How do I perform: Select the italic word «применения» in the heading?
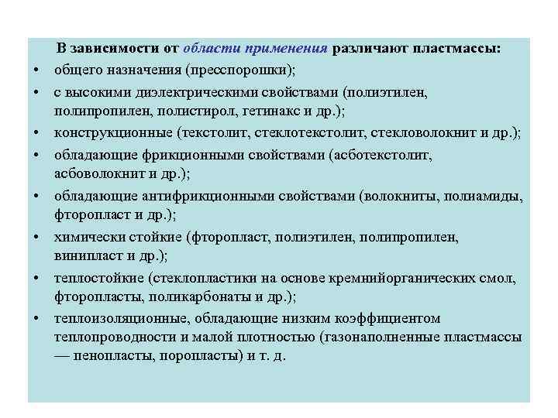(x=286, y=50)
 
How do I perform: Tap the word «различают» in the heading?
(x=370, y=50)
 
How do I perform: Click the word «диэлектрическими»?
(x=174, y=91)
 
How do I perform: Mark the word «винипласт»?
(x=84, y=256)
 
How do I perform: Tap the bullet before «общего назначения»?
(x=36, y=72)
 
